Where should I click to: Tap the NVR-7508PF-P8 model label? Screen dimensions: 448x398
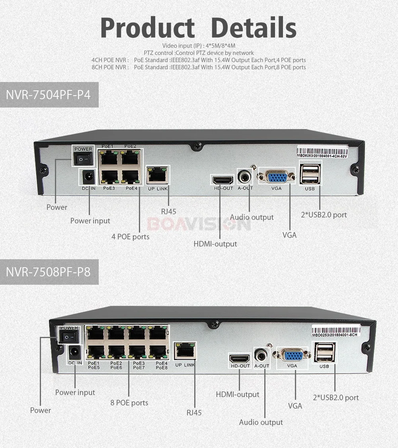(49, 272)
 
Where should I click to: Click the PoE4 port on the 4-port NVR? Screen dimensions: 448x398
(130, 176)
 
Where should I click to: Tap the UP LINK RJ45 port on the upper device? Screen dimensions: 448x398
(158, 174)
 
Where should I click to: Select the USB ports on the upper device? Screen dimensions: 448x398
(310, 174)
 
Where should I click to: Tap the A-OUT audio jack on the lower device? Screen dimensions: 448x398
(261, 354)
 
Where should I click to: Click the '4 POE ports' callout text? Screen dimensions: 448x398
(131, 237)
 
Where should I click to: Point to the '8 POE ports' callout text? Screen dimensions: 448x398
(129, 403)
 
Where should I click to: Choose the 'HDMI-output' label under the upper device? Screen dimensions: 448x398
(215, 244)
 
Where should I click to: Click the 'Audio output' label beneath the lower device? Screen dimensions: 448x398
(261, 422)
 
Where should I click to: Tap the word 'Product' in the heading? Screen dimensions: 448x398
(147, 28)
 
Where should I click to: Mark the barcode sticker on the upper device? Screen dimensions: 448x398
(322, 152)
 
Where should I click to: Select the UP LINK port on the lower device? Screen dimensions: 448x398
(185, 350)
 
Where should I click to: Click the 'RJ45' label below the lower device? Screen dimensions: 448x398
(194, 413)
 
